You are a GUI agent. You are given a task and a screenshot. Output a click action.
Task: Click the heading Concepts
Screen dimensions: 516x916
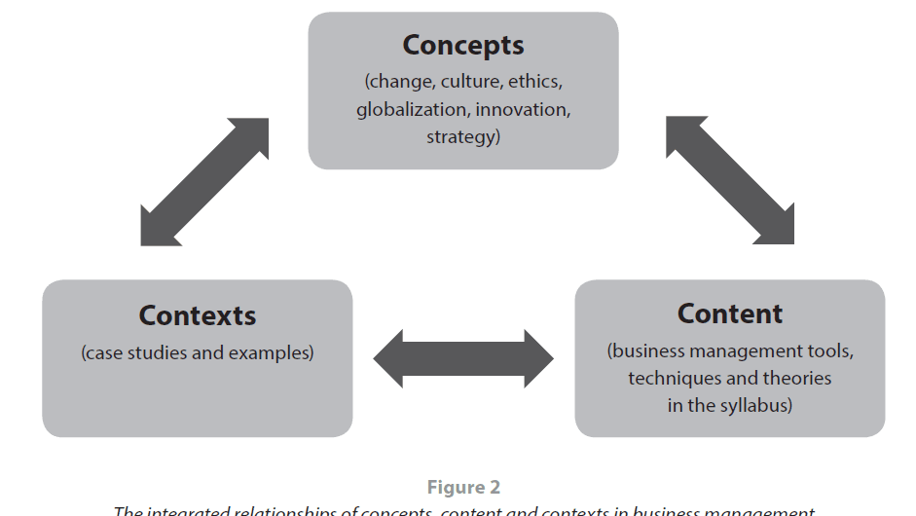pyautogui.click(x=463, y=45)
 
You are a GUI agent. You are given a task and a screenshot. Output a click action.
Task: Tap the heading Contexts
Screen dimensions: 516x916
pyautogui.click(x=197, y=315)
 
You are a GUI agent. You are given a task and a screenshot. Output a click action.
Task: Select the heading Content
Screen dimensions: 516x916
pyautogui.click(x=729, y=313)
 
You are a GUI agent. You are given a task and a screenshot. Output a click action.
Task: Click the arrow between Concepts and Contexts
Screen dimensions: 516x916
pyautogui.click(x=204, y=182)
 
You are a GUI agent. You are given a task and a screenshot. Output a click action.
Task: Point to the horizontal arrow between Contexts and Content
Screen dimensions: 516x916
pyautogui.click(x=463, y=358)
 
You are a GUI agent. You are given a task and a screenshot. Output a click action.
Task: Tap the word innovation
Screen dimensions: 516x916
pyautogui.click(x=523, y=109)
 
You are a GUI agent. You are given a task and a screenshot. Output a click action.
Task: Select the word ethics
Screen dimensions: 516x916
pyautogui.click(x=537, y=81)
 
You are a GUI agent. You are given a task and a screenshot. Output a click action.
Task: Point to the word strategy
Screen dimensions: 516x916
pyautogui.click(x=461, y=137)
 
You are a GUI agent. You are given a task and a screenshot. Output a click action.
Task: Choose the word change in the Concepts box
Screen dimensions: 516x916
pyautogui.click(x=400, y=81)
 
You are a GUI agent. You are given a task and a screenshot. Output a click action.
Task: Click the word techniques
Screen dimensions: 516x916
pyautogui.click(x=676, y=378)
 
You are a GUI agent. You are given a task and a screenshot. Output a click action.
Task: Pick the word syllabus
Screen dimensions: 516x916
pyautogui.click(x=754, y=405)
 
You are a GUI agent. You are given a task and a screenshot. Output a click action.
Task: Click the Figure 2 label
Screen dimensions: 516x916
pyautogui.click(x=463, y=488)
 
